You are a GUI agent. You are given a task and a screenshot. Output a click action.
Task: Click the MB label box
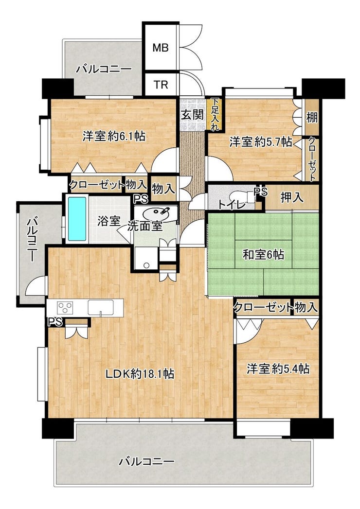point(161,48)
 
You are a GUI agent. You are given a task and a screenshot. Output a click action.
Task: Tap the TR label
point(161,85)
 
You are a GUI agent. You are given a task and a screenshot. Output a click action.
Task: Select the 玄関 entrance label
point(192,115)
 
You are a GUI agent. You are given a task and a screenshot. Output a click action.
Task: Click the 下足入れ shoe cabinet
point(215,114)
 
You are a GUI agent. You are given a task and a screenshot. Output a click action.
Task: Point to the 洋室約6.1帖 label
point(113,136)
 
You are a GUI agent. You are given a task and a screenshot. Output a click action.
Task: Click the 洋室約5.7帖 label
point(261,142)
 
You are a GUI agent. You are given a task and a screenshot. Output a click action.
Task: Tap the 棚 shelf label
point(312,118)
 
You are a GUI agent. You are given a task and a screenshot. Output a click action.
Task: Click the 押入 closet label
point(292,197)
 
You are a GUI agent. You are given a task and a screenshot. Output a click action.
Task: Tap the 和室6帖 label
point(264,255)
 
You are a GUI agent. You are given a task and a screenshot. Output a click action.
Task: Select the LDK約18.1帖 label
point(140,374)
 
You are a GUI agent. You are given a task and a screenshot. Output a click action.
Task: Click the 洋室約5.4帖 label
point(278,369)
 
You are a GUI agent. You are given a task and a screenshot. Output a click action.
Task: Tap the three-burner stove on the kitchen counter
point(65,307)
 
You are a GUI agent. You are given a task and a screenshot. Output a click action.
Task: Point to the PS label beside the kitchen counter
point(55,322)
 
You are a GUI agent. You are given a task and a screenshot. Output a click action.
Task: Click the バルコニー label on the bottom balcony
point(146,461)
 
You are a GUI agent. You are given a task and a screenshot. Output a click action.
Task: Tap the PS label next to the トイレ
point(261,192)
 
